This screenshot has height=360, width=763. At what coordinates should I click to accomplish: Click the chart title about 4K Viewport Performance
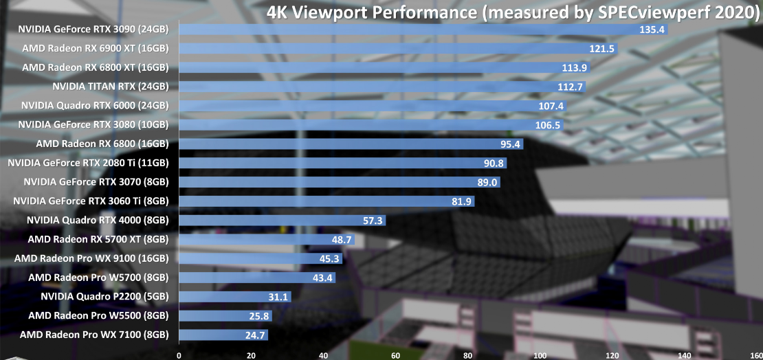coord(511,13)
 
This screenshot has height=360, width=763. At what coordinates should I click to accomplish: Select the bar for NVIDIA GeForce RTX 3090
coord(412,30)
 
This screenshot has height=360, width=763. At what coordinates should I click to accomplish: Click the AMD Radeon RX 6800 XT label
coord(95,67)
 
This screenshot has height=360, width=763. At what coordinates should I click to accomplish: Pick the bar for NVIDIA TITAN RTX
coord(371,87)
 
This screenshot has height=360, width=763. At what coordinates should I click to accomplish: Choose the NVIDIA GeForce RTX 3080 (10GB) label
coord(93,124)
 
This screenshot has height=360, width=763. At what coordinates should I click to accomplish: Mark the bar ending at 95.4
coord(344,144)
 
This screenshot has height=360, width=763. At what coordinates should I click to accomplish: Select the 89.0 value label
coord(485,182)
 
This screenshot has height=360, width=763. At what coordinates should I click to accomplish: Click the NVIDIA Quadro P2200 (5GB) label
coord(104,297)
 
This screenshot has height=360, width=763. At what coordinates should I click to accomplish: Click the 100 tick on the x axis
coord(540,355)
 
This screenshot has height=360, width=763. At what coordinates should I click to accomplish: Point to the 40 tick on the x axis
coord(323,355)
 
